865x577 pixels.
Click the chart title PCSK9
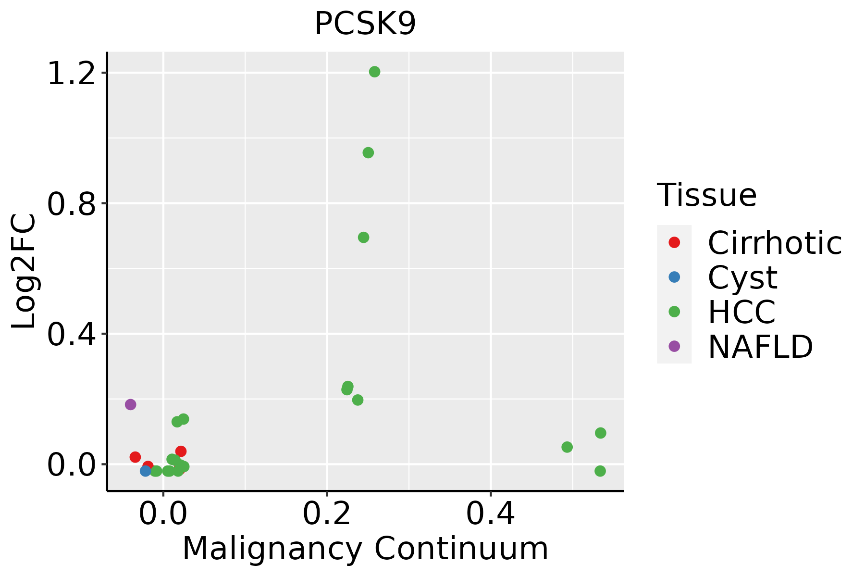(365, 24)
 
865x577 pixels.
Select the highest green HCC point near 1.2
(374, 72)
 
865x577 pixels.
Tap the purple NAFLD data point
(130, 404)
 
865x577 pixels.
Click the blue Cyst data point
(146, 471)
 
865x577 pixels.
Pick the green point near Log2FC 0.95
(368, 153)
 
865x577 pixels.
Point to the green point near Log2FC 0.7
(363, 238)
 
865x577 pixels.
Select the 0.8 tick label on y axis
(71, 205)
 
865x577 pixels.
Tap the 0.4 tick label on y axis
(71, 335)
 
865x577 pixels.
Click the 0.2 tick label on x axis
(327, 514)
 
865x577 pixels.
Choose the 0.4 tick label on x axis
(491, 514)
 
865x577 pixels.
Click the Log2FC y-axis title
(24, 271)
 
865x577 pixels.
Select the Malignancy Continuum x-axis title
(365, 549)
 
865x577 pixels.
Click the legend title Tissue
(706, 195)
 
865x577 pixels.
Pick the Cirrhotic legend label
(775, 243)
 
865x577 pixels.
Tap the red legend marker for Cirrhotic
(674, 242)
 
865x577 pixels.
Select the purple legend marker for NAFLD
(674, 346)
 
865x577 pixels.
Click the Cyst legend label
(742, 278)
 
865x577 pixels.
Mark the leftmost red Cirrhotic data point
(135, 457)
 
